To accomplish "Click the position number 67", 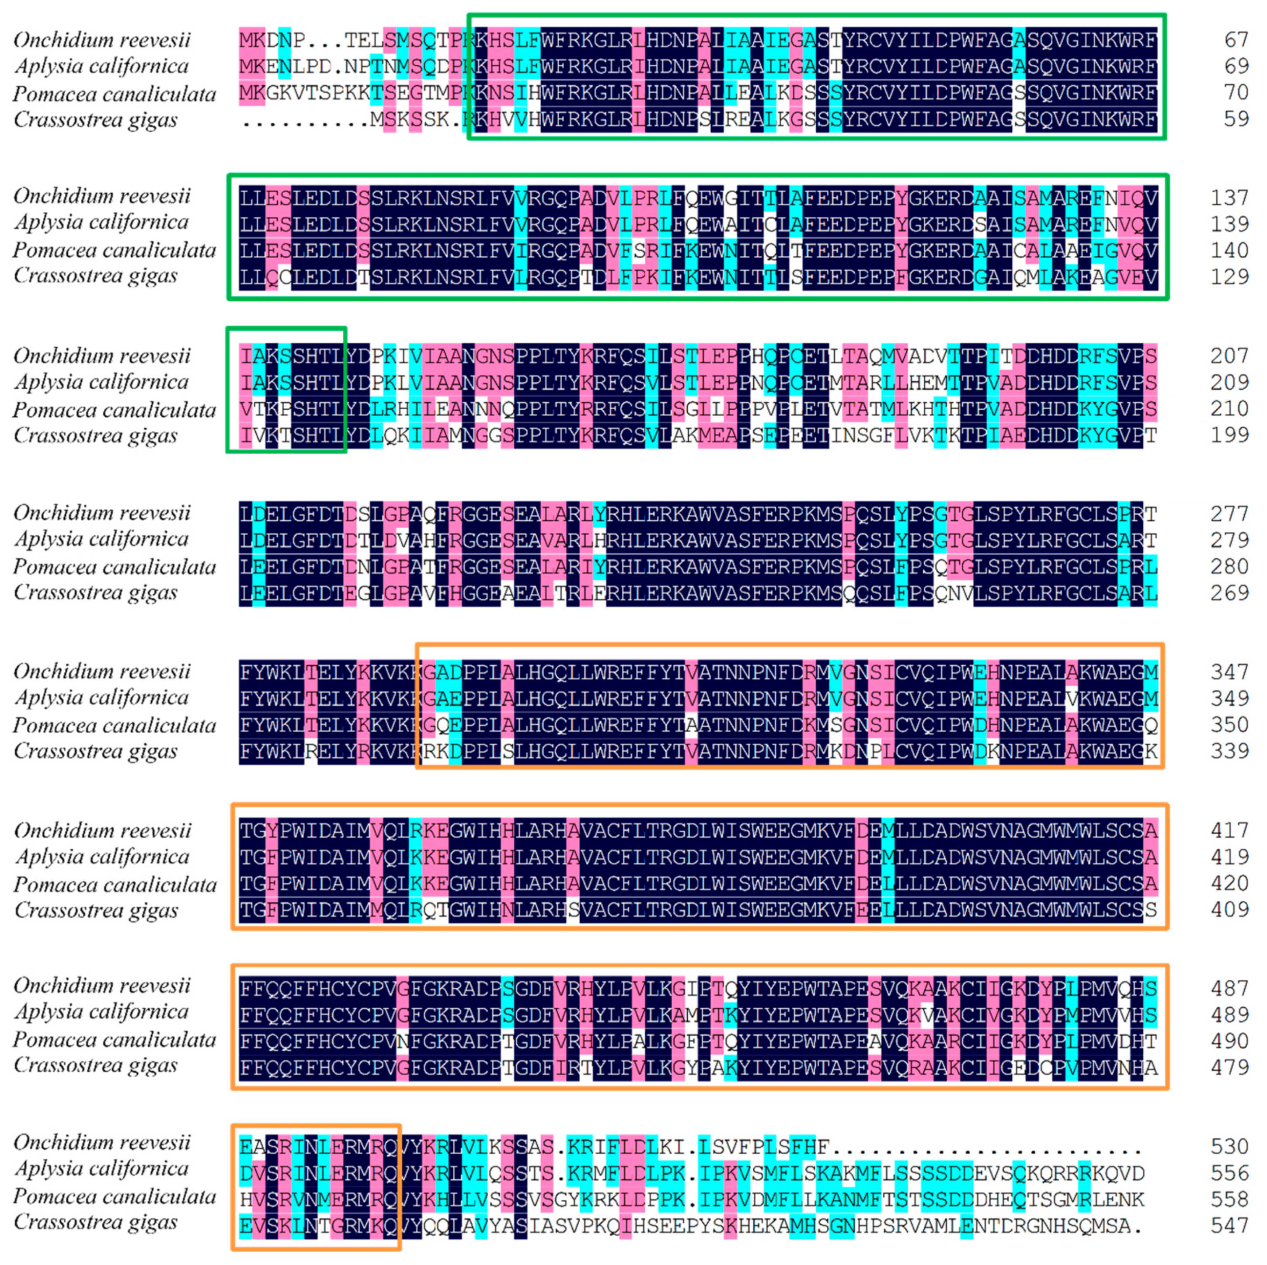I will click(1236, 40).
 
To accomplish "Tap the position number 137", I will click(1229, 197).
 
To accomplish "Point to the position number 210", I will click(1229, 408).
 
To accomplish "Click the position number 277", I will click(1229, 513).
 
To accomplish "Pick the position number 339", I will click(1229, 751).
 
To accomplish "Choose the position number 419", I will click(1229, 857).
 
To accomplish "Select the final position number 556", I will click(1229, 1173).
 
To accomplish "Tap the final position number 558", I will click(1229, 1199).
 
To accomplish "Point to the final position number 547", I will click(1229, 1226).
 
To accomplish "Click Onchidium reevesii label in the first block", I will click(101, 40).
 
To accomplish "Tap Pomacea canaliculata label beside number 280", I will click(114, 567).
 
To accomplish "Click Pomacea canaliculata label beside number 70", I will click(114, 94).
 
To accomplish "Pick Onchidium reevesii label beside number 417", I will click(101, 831).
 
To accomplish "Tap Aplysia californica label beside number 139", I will click(101, 223).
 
